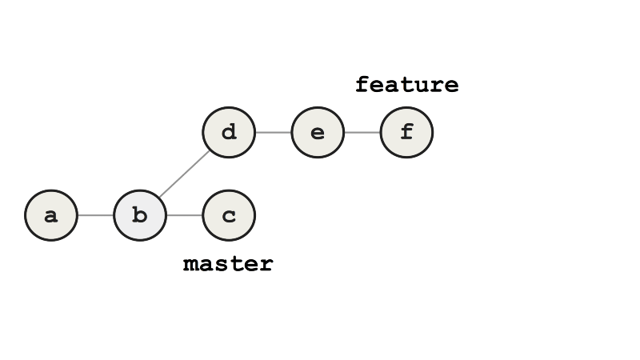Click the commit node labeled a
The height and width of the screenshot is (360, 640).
pyautogui.click(x=51, y=215)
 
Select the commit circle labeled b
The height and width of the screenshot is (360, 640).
pyautogui.click(x=140, y=215)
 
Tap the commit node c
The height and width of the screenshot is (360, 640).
pyautogui.click(x=229, y=215)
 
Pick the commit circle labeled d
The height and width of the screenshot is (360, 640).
pyautogui.click(x=229, y=132)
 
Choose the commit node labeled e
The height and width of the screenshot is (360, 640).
pyautogui.click(x=318, y=132)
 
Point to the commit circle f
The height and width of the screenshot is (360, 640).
pyautogui.click(x=406, y=132)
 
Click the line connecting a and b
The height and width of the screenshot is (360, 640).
pyautogui.click(x=96, y=215)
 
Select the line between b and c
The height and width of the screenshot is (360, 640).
pyautogui.click(x=184, y=215)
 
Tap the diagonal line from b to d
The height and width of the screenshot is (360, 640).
pyautogui.click(x=185, y=173)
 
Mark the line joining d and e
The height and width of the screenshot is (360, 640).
pyautogui.click(x=273, y=132)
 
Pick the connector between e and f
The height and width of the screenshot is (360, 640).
pyautogui.click(x=362, y=132)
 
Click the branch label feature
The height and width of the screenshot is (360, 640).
pyautogui.click(x=407, y=85)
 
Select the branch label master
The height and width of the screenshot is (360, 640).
pyautogui.click(x=229, y=264)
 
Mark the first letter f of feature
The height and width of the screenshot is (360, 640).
pyautogui.click(x=362, y=85)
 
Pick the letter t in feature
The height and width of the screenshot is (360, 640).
pyautogui.click(x=407, y=85)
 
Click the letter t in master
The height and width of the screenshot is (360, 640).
pyautogui.click(x=236, y=264)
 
